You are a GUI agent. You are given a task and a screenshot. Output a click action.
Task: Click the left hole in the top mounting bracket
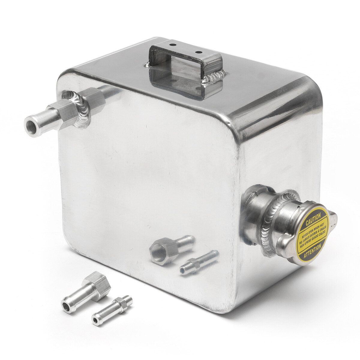pos(172,45)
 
